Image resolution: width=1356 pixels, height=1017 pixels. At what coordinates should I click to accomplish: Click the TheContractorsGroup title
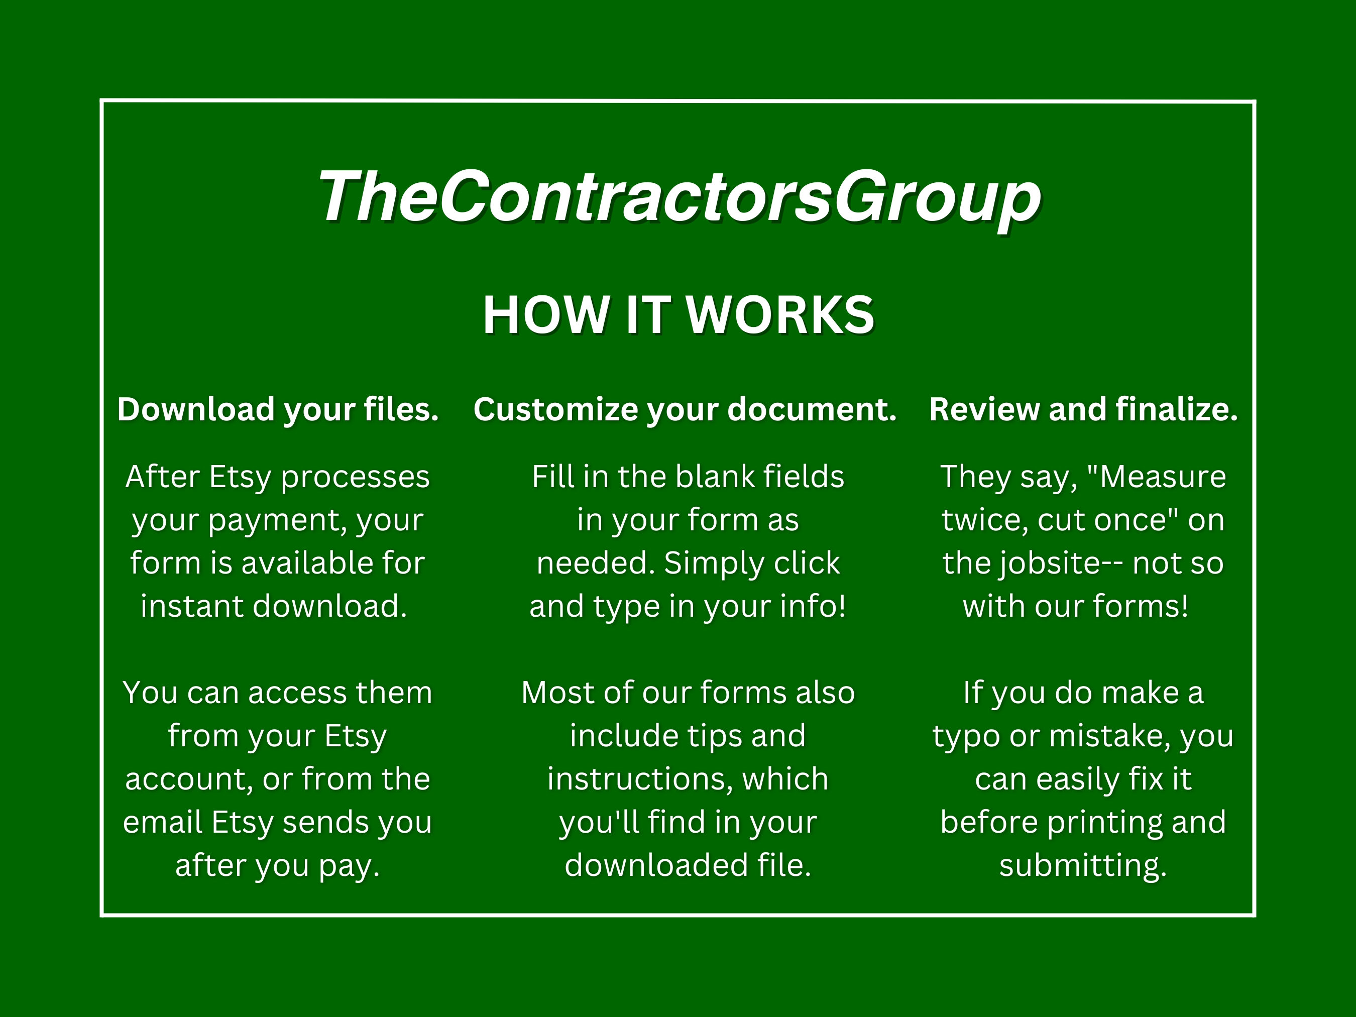coord(679,197)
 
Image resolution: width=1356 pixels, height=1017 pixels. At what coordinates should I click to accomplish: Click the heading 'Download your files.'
coord(278,409)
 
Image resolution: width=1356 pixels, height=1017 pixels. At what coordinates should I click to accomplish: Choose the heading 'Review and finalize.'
coord(1083,409)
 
